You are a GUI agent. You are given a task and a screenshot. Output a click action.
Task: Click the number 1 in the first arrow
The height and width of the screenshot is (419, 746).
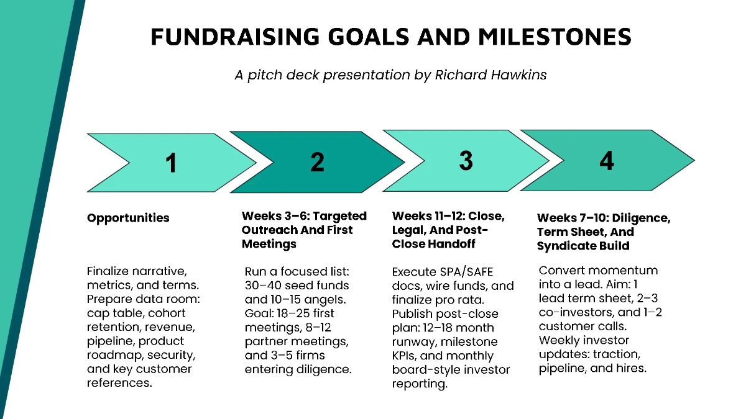[x=171, y=163]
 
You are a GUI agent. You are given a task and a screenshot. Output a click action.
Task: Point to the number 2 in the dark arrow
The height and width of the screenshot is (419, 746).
[x=317, y=162]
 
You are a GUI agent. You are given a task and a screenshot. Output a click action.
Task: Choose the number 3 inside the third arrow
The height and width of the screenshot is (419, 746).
[x=466, y=161]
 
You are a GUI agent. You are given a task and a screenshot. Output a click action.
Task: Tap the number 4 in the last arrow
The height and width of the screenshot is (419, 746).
[x=606, y=161]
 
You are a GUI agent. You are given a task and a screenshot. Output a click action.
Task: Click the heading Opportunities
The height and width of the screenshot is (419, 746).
[x=128, y=218]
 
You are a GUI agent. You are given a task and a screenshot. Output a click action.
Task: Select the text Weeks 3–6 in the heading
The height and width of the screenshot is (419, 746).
[x=271, y=216]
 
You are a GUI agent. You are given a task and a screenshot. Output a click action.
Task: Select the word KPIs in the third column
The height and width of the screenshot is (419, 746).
[x=405, y=356]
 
